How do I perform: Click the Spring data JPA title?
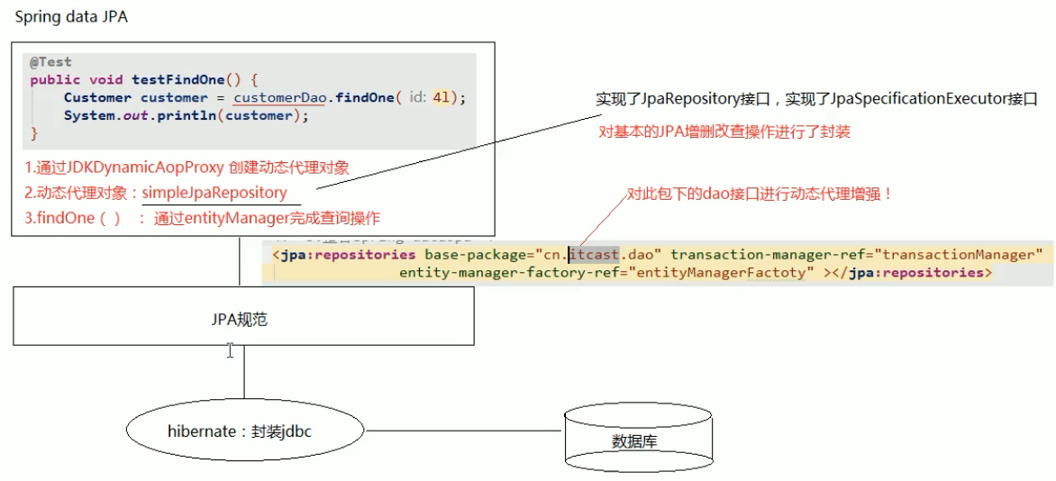71,17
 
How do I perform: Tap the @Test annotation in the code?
50,62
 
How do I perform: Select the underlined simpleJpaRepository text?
214,193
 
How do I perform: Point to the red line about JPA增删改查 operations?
724,132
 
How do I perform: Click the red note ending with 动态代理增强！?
759,193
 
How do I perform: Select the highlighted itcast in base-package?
594,255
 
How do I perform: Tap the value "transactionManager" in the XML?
961,255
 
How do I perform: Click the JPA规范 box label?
243,320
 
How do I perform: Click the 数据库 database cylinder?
634,441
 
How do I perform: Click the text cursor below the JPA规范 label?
230,350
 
